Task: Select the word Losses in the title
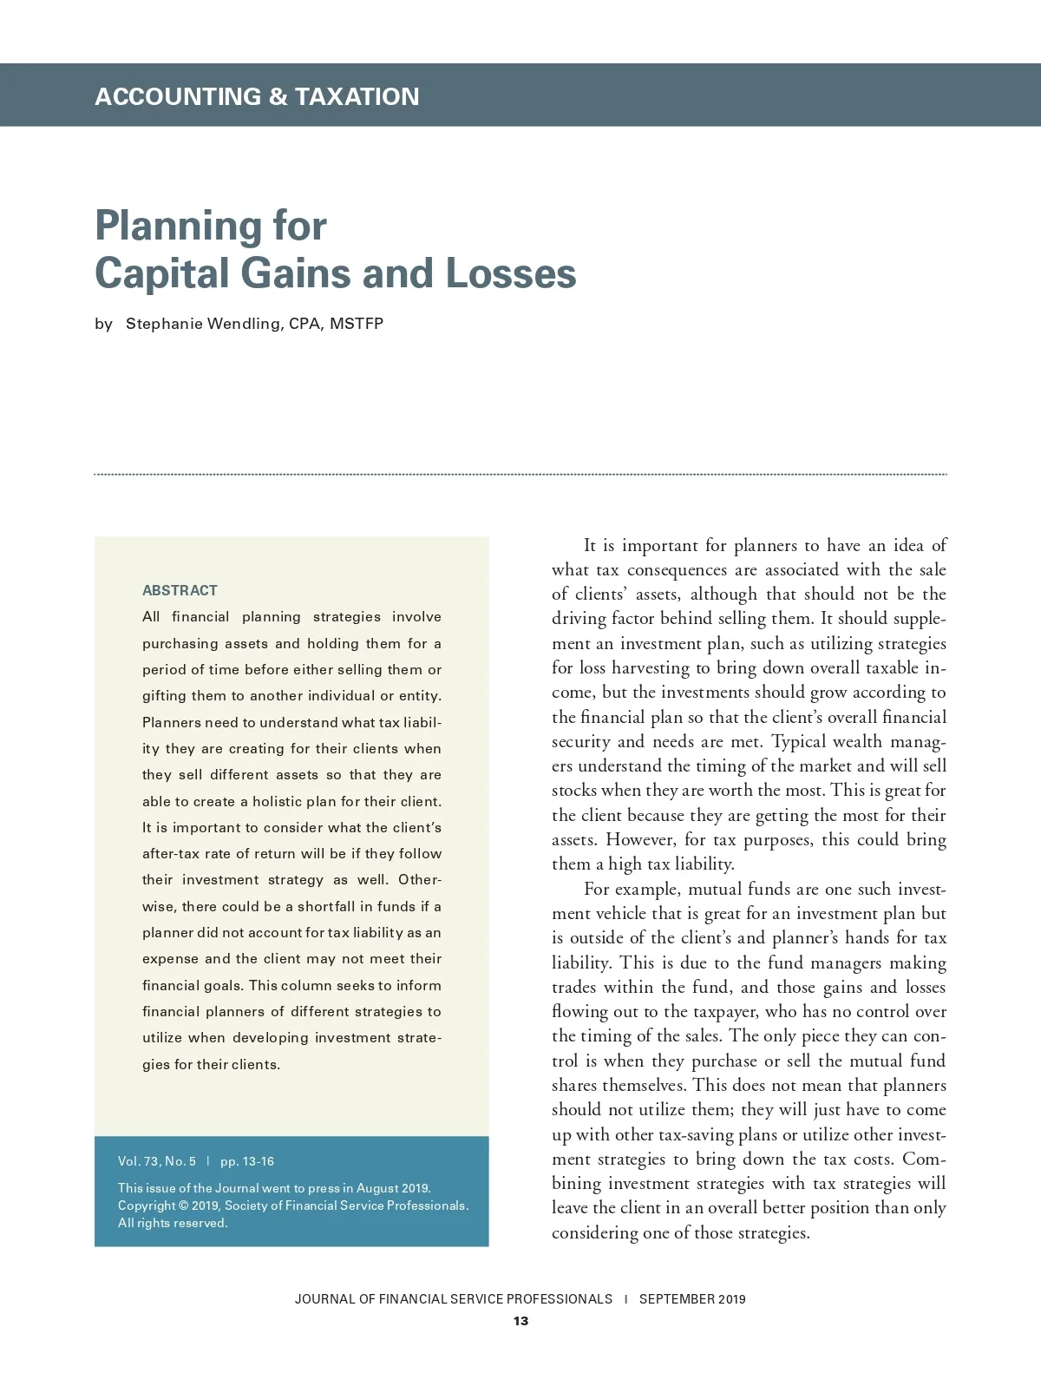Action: pyautogui.click(x=511, y=273)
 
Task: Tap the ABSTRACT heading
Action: pyautogui.click(x=180, y=591)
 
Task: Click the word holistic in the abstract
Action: pyautogui.click(x=277, y=802)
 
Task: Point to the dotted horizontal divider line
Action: pyautogui.click(x=520, y=475)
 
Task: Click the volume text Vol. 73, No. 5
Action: pyautogui.click(x=157, y=1161)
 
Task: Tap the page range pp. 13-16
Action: pyautogui.click(x=247, y=1161)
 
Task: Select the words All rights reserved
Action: pyautogui.click(x=173, y=1224)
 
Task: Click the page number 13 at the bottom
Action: pyautogui.click(x=520, y=1322)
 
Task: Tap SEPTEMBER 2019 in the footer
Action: pyautogui.click(x=692, y=1299)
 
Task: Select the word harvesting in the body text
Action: pyautogui.click(x=651, y=668)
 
